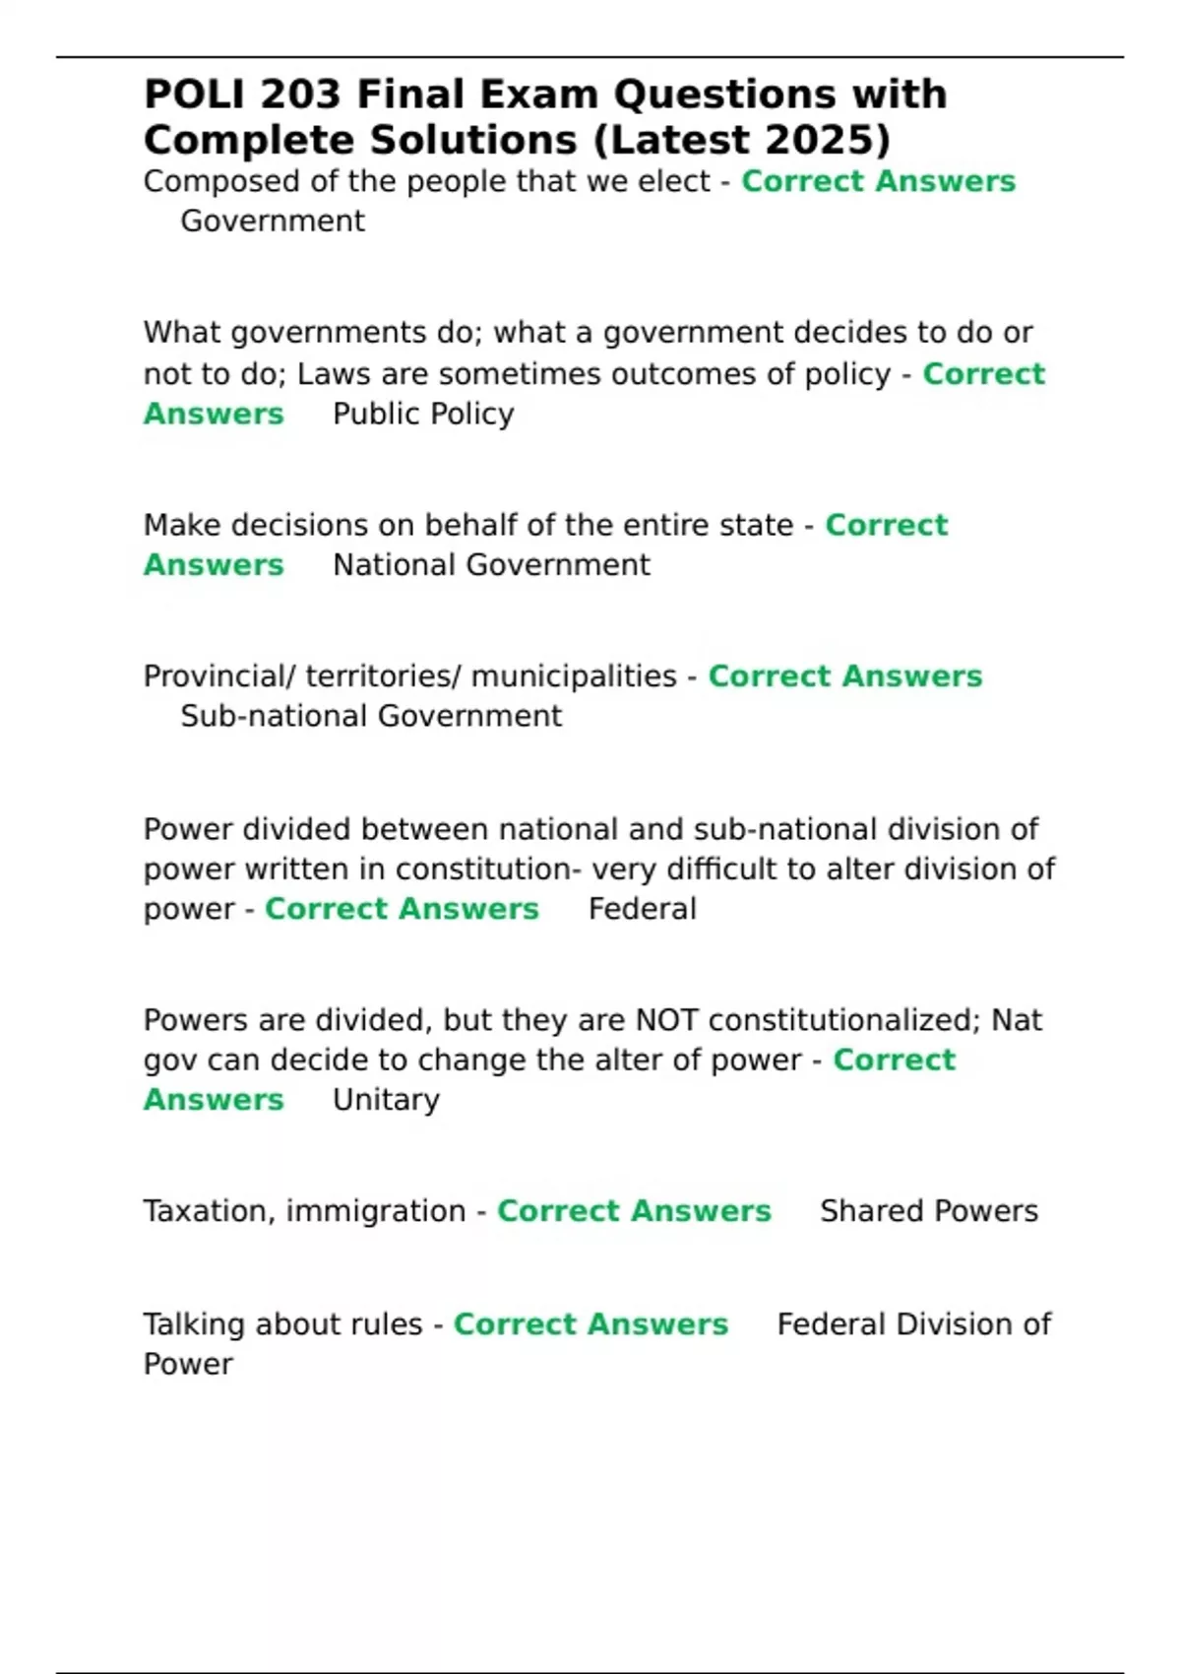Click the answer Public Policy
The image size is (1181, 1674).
coord(423,414)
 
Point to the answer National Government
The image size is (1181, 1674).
coord(491,565)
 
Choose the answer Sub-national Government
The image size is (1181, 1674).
coord(371,716)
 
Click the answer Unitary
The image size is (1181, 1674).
coord(386,1100)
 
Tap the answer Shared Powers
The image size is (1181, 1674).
coord(928,1211)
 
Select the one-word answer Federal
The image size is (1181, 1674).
coord(642,909)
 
